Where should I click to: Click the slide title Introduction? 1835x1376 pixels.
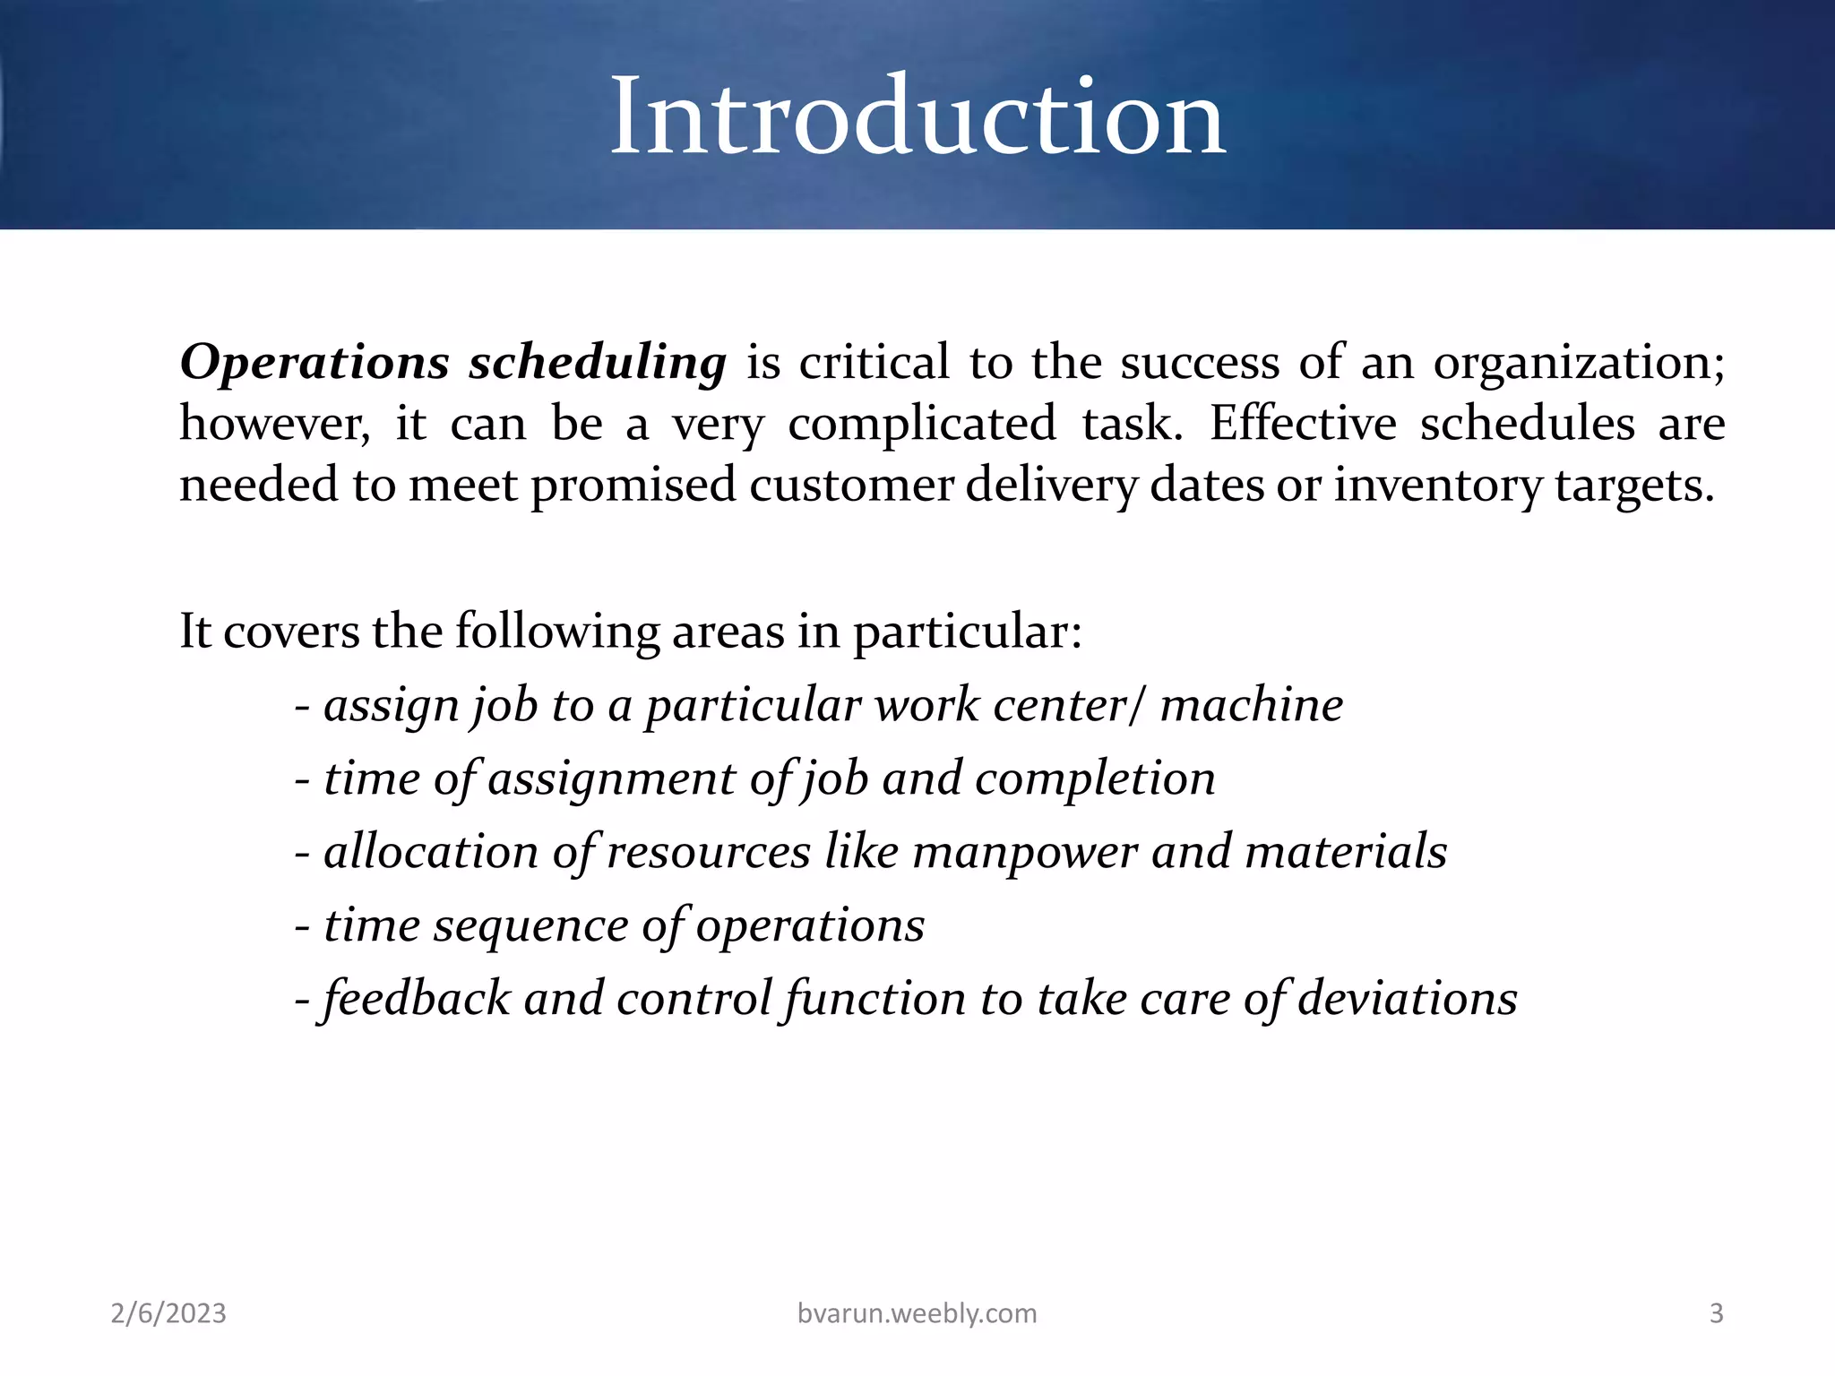(x=917, y=116)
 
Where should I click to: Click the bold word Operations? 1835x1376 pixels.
(x=314, y=363)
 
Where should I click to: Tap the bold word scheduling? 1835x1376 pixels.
(x=598, y=363)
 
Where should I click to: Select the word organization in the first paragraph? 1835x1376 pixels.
(x=1578, y=363)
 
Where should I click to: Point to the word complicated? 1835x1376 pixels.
(x=922, y=424)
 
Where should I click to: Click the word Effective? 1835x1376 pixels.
(x=1303, y=424)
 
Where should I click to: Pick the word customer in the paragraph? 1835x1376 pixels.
(x=851, y=485)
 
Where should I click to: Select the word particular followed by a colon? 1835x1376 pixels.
(x=967, y=632)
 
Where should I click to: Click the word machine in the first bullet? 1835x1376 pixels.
(x=1252, y=705)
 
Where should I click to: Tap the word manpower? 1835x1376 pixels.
(x=1025, y=852)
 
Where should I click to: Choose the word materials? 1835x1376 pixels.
(x=1346, y=852)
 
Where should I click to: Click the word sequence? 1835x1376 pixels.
(x=531, y=925)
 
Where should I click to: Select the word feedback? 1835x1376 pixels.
(x=417, y=998)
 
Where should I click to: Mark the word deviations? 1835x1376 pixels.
(x=1408, y=998)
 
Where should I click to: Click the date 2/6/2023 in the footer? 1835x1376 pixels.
(x=168, y=1313)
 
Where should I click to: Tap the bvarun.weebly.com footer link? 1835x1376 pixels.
(x=917, y=1313)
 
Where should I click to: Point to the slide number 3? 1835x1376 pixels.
(x=1716, y=1313)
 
